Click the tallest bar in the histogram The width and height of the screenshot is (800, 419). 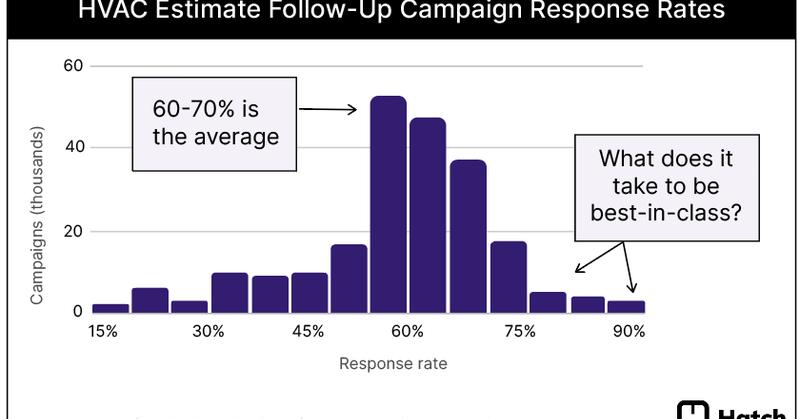388,204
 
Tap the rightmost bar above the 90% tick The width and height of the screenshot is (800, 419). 627,306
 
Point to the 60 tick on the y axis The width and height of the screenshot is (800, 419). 73,66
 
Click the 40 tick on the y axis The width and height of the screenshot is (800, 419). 73,148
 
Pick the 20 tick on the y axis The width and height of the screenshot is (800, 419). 73,231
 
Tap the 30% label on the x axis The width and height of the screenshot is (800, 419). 208,332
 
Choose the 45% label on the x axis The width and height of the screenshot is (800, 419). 308,332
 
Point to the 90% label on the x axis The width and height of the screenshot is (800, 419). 628,332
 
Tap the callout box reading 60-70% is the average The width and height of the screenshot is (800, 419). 216,121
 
